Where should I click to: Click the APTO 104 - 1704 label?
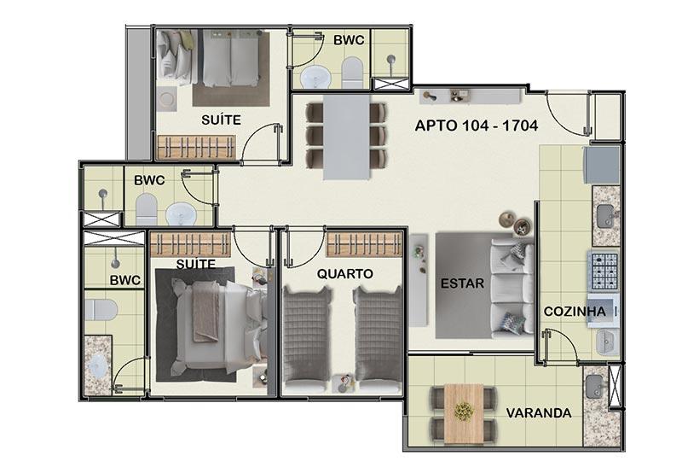(477, 126)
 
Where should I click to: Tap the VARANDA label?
(539, 413)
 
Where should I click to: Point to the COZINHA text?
(575, 312)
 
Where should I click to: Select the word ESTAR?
(462, 283)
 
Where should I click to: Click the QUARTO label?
(345, 274)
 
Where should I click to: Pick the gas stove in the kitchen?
(603, 272)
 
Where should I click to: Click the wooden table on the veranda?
(464, 414)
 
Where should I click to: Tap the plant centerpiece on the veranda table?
(464, 412)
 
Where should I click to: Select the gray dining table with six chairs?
(346, 137)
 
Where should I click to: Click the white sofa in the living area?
(512, 288)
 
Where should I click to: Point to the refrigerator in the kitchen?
(601, 165)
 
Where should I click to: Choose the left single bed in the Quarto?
(306, 338)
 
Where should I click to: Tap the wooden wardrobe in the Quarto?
(364, 245)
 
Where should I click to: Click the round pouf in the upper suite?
(167, 99)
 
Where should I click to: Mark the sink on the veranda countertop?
(594, 386)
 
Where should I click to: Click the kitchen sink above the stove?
(605, 217)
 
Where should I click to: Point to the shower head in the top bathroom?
(390, 61)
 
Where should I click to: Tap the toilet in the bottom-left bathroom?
(101, 309)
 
